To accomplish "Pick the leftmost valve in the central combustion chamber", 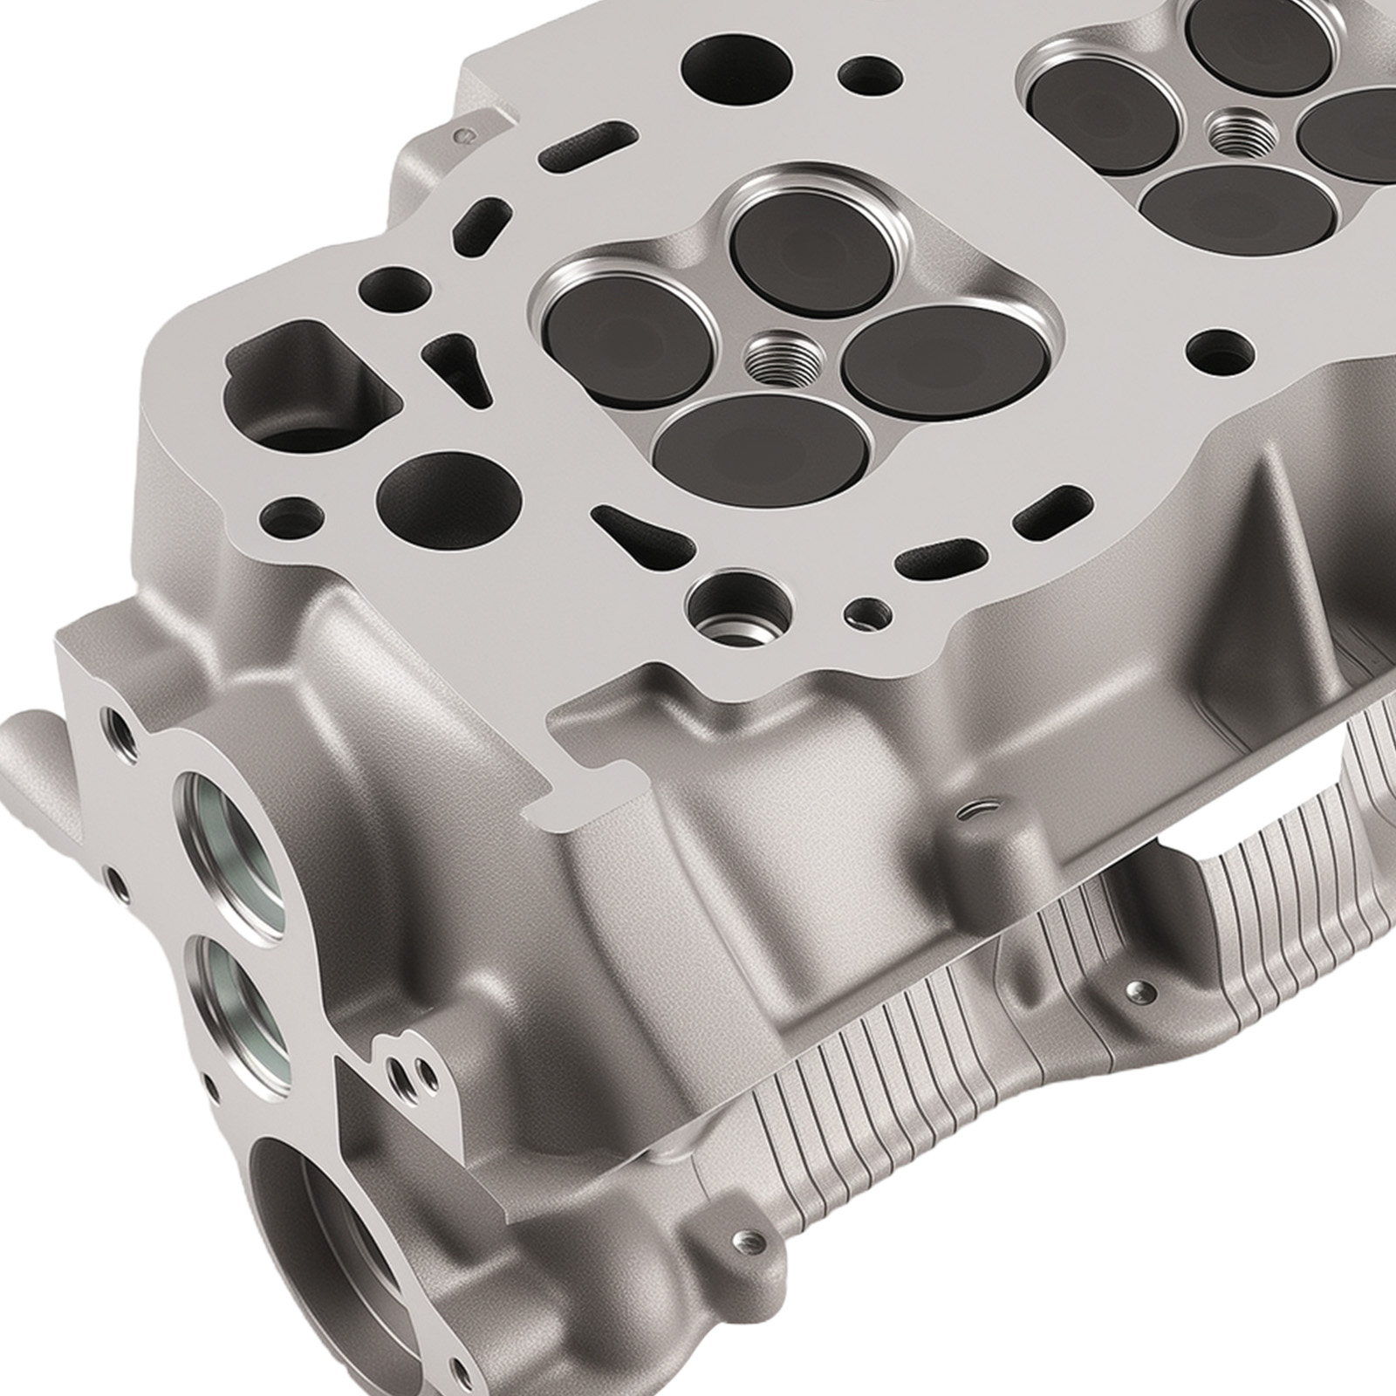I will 627,343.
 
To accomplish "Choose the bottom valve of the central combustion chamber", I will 762,449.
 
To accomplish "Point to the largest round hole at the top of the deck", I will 737,66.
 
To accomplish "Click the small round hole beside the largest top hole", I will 869,75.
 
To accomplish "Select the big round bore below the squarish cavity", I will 448,500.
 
